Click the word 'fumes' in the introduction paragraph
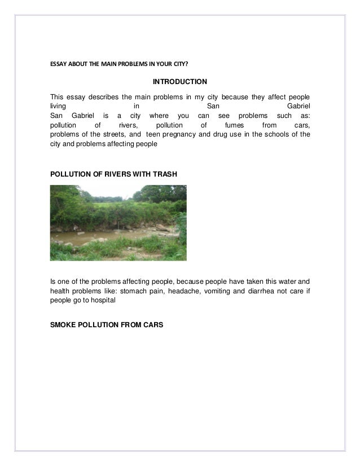(233, 125)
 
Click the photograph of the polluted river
(118, 222)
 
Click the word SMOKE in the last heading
(63, 326)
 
